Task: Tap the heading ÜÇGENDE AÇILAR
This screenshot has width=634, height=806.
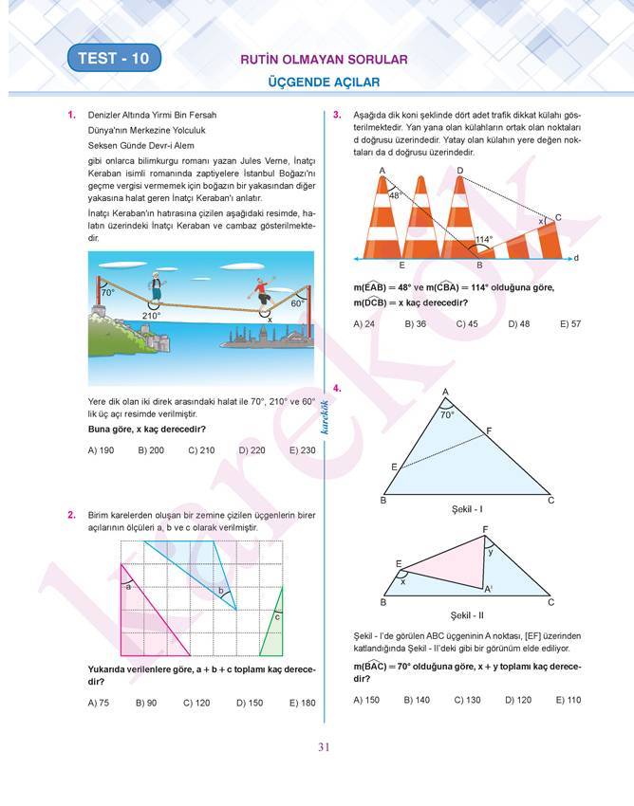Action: click(324, 83)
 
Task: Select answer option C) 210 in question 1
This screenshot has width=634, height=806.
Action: click(201, 450)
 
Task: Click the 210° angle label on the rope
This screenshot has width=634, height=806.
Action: click(151, 316)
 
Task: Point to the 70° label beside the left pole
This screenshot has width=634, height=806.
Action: click(108, 293)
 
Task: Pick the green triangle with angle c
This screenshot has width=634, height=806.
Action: click(272, 625)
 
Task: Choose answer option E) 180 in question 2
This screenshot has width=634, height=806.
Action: click(302, 703)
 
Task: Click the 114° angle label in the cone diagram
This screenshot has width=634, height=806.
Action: click(484, 240)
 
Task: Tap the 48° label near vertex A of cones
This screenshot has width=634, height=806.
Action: click(396, 195)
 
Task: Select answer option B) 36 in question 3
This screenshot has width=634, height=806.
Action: click(415, 323)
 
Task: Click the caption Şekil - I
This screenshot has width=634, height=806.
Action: click(467, 509)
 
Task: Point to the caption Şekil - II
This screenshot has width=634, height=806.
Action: click(467, 614)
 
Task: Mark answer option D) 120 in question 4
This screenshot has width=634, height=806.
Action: click(517, 700)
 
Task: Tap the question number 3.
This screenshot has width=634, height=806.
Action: click(337, 116)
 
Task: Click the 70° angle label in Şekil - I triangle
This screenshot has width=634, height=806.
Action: click(447, 414)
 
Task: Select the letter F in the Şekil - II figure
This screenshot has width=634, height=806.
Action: click(485, 529)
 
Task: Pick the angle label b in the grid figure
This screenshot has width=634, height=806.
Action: click(221, 591)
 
